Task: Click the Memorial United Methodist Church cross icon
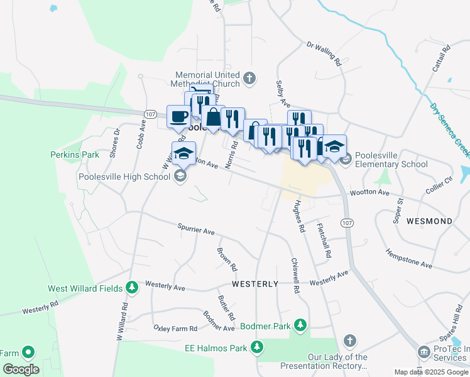[249, 78]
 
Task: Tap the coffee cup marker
[178, 116]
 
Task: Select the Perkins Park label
[75, 154]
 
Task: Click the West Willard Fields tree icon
[132, 288]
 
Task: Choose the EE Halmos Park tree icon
[256, 346]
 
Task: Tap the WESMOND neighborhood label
[429, 221]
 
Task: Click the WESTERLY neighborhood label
[255, 284]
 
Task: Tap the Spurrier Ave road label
[196, 229]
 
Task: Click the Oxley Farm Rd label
[175, 328]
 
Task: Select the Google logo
[21, 369]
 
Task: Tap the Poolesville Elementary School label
[391, 160]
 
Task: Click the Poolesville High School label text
[124, 177]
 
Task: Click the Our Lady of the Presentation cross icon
[350, 341]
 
